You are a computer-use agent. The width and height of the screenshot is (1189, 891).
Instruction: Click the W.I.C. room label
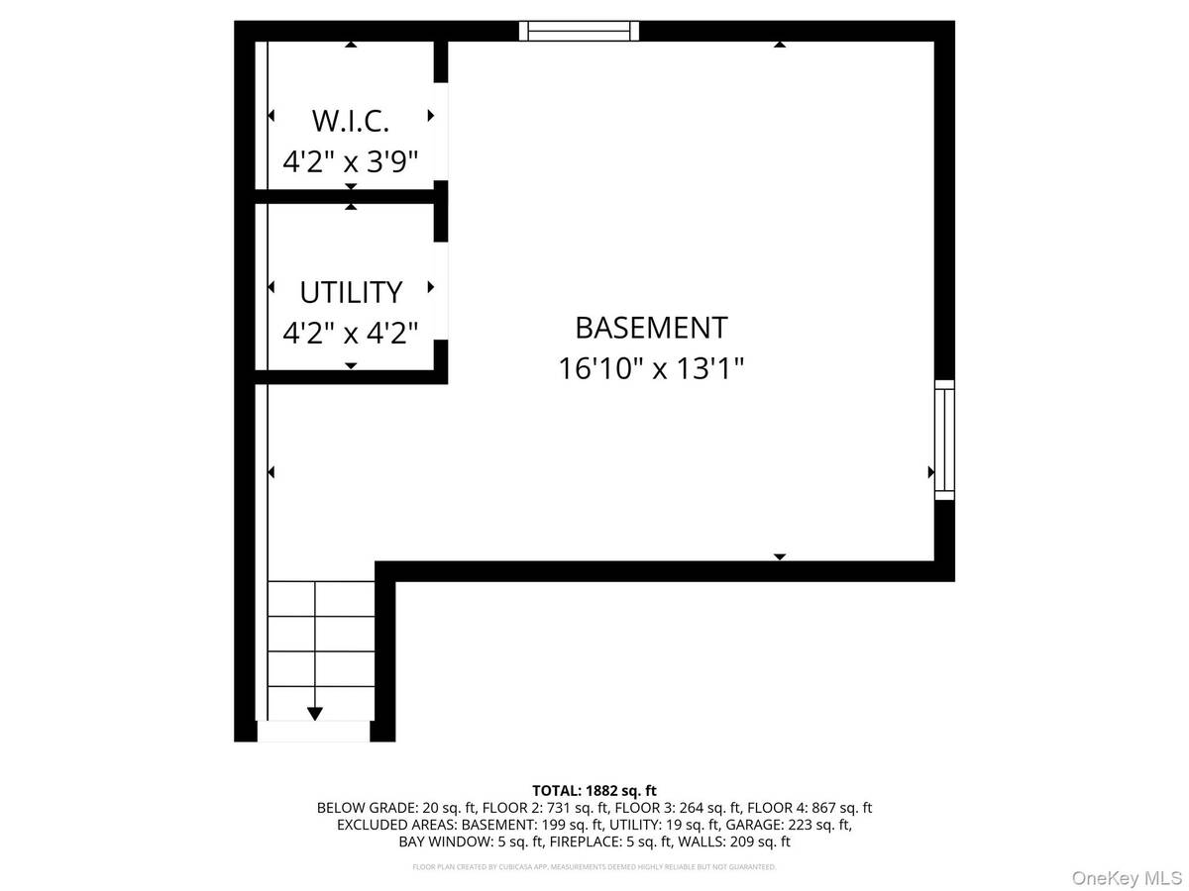350,121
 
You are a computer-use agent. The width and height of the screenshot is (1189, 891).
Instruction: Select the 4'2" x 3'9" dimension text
350,160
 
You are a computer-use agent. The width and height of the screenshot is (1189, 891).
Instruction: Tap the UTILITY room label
351,292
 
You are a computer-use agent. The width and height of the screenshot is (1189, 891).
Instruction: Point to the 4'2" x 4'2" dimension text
350,332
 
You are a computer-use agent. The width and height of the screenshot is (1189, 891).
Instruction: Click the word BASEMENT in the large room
651,327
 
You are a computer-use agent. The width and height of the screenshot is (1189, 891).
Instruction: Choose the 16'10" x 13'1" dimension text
651,368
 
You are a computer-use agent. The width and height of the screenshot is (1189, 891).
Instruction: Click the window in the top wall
580,31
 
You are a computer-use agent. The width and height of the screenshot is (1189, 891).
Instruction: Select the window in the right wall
944,440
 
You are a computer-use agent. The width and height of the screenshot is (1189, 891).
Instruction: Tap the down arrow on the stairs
315,711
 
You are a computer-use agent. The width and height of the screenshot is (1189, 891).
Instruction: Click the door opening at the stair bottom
313,732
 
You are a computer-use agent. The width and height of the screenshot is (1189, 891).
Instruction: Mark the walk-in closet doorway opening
441,131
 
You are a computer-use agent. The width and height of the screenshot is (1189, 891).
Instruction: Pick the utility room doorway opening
441,290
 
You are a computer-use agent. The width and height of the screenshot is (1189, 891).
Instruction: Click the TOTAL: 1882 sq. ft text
594,790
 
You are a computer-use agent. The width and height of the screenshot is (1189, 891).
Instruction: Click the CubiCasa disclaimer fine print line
594,867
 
